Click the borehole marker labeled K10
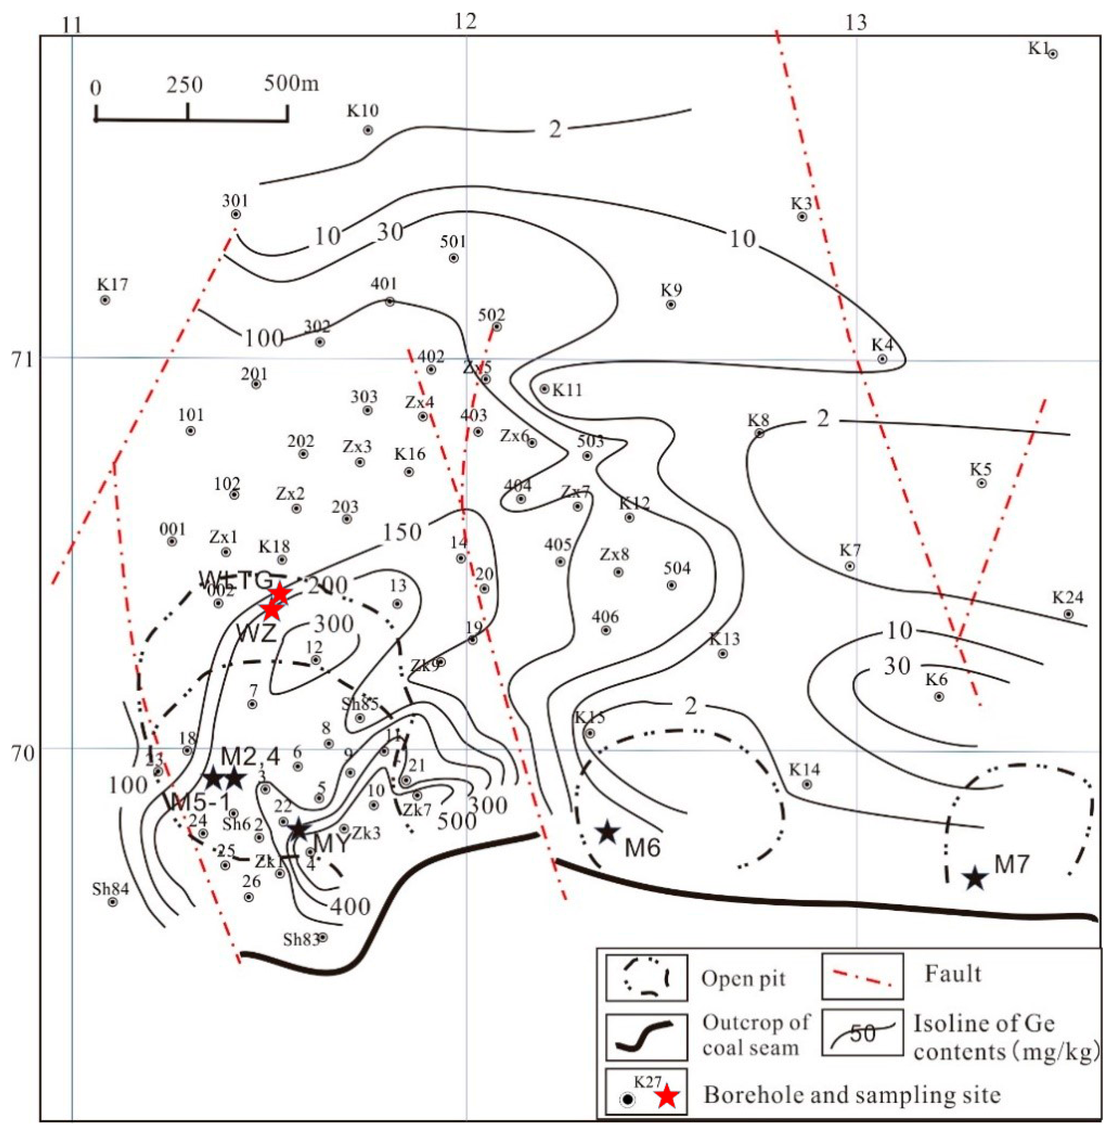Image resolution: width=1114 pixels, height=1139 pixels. pyautogui.click(x=368, y=130)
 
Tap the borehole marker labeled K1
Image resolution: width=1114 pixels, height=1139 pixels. pyautogui.click(x=1052, y=54)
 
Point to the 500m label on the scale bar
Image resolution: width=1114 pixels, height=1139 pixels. pyautogui.click(x=291, y=84)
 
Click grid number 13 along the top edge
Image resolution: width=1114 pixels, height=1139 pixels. pyautogui.click(x=856, y=22)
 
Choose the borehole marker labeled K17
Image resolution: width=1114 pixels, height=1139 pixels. pyautogui.click(x=105, y=300)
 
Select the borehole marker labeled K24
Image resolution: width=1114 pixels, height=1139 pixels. pyautogui.click(x=1068, y=614)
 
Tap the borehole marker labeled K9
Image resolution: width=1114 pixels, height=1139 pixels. pyautogui.click(x=671, y=305)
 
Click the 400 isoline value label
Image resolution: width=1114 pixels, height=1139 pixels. pyautogui.click(x=351, y=907)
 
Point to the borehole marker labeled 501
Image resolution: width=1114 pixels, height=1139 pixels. pyautogui.click(x=454, y=258)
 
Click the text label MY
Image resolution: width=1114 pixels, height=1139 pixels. pyautogui.click(x=331, y=844)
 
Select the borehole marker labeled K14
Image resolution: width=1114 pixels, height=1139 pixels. pyautogui.click(x=807, y=784)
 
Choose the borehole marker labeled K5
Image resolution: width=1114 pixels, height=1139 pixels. pyautogui.click(x=982, y=483)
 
